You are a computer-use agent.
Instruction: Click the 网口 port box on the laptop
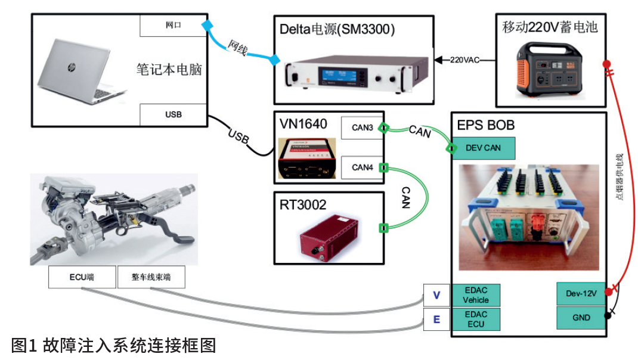173,26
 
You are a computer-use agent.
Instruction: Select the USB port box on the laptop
173,114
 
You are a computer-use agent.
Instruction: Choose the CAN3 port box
362,128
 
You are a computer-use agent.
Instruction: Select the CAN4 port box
362,167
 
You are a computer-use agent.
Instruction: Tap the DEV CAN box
483,148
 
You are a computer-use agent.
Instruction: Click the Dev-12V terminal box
580,293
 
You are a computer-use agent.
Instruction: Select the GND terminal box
580,318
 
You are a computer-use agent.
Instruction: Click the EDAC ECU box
476,319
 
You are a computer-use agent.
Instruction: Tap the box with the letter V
436,295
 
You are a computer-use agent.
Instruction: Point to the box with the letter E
436,319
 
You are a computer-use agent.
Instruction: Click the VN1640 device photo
306,158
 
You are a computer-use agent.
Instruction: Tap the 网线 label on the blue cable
239,49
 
